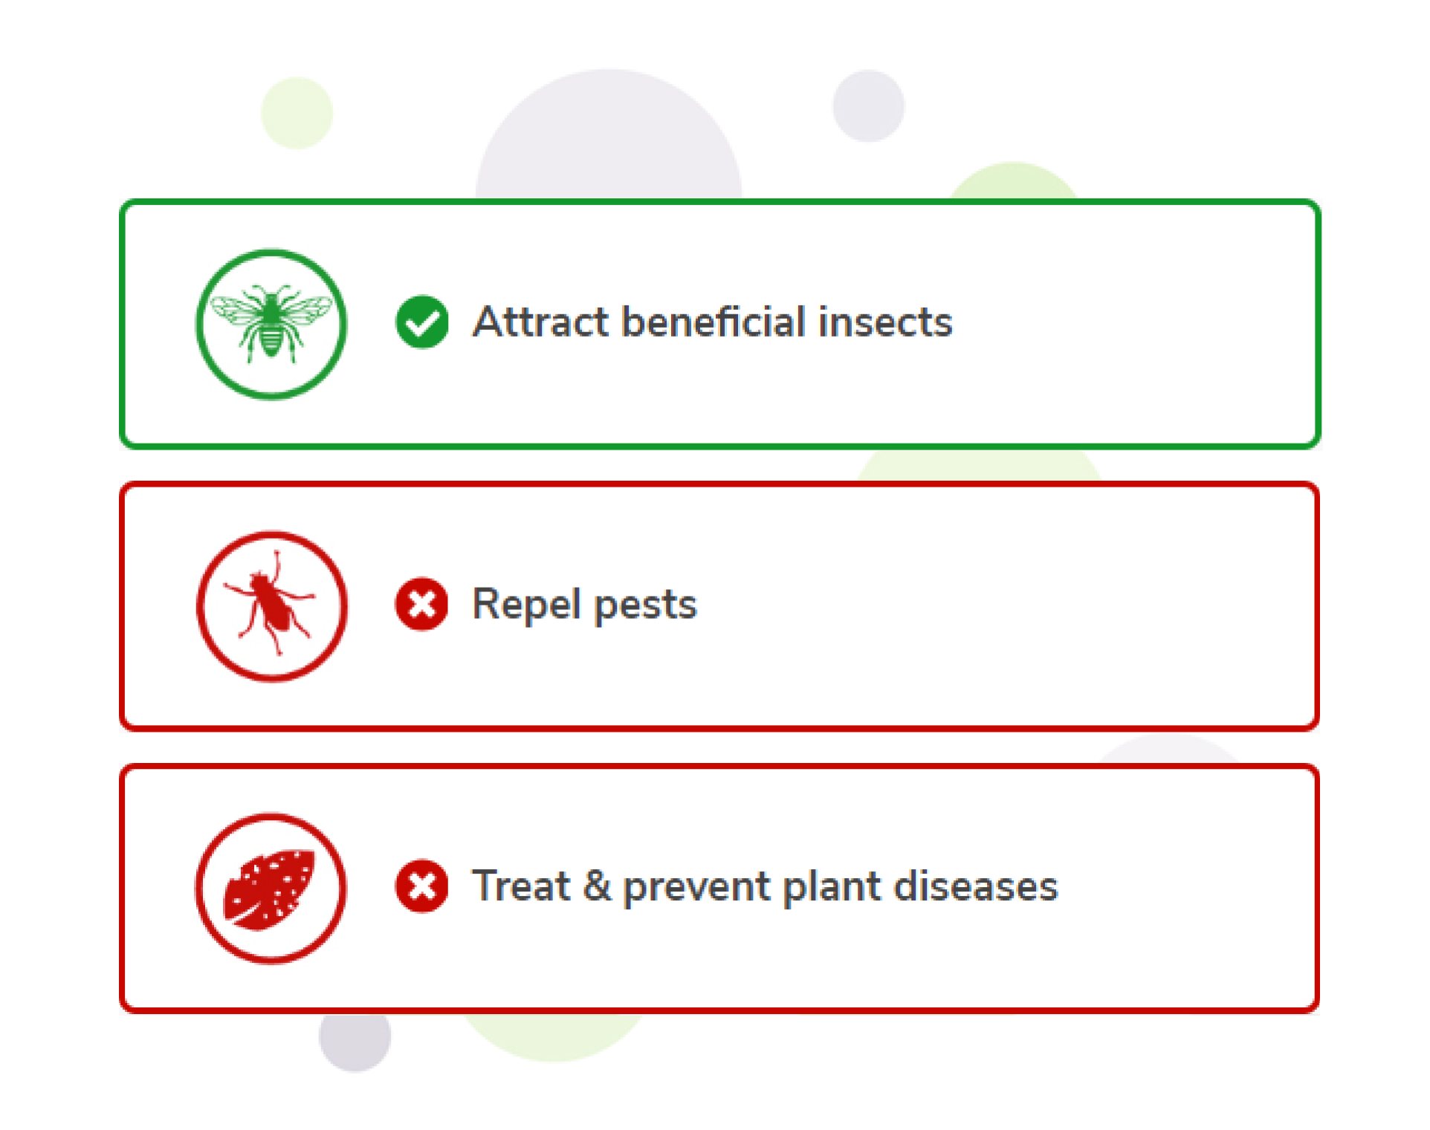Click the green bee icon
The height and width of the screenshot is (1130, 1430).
pyautogui.click(x=271, y=324)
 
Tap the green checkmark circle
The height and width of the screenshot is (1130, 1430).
pyautogui.click(x=422, y=322)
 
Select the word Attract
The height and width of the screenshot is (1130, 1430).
pyautogui.click(x=541, y=322)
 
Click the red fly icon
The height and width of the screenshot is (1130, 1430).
pyautogui.click(x=271, y=606)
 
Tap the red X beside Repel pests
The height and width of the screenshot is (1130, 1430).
pyautogui.click(x=422, y=604)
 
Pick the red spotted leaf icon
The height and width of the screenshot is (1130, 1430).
pyautogui.click(x=271, y=889)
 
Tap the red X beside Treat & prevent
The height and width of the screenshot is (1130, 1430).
pyautogui.click(x=422, y=886)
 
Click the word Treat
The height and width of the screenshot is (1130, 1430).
pyautogui.click(x=522, y=886)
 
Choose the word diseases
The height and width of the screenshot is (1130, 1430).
pyautogui.click(x=976, y=886)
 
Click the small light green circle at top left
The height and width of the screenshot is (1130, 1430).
pyautogui.click(x=297, y=113)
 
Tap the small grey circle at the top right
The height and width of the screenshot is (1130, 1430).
pyautogui.click(x=868, y=105)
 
